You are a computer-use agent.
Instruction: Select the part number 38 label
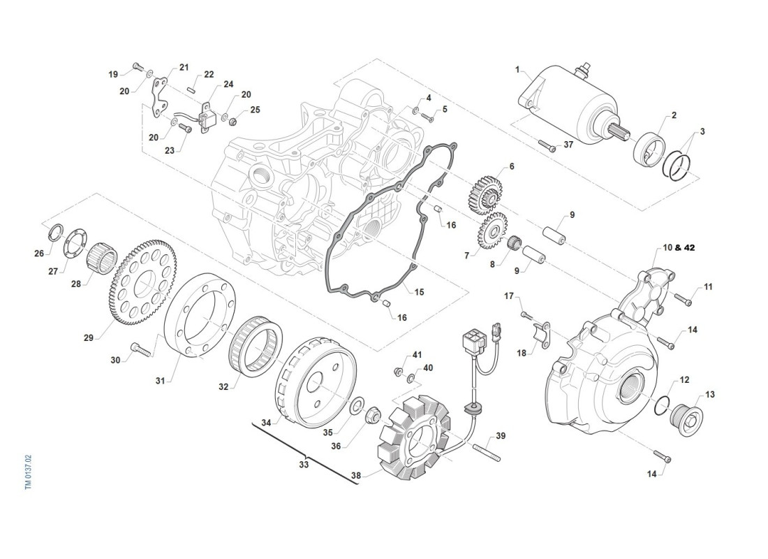[356, 476]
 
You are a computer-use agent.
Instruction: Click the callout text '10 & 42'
[679, 247]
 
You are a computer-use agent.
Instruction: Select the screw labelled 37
[546, 147]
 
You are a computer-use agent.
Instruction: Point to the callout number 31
[161, 381]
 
